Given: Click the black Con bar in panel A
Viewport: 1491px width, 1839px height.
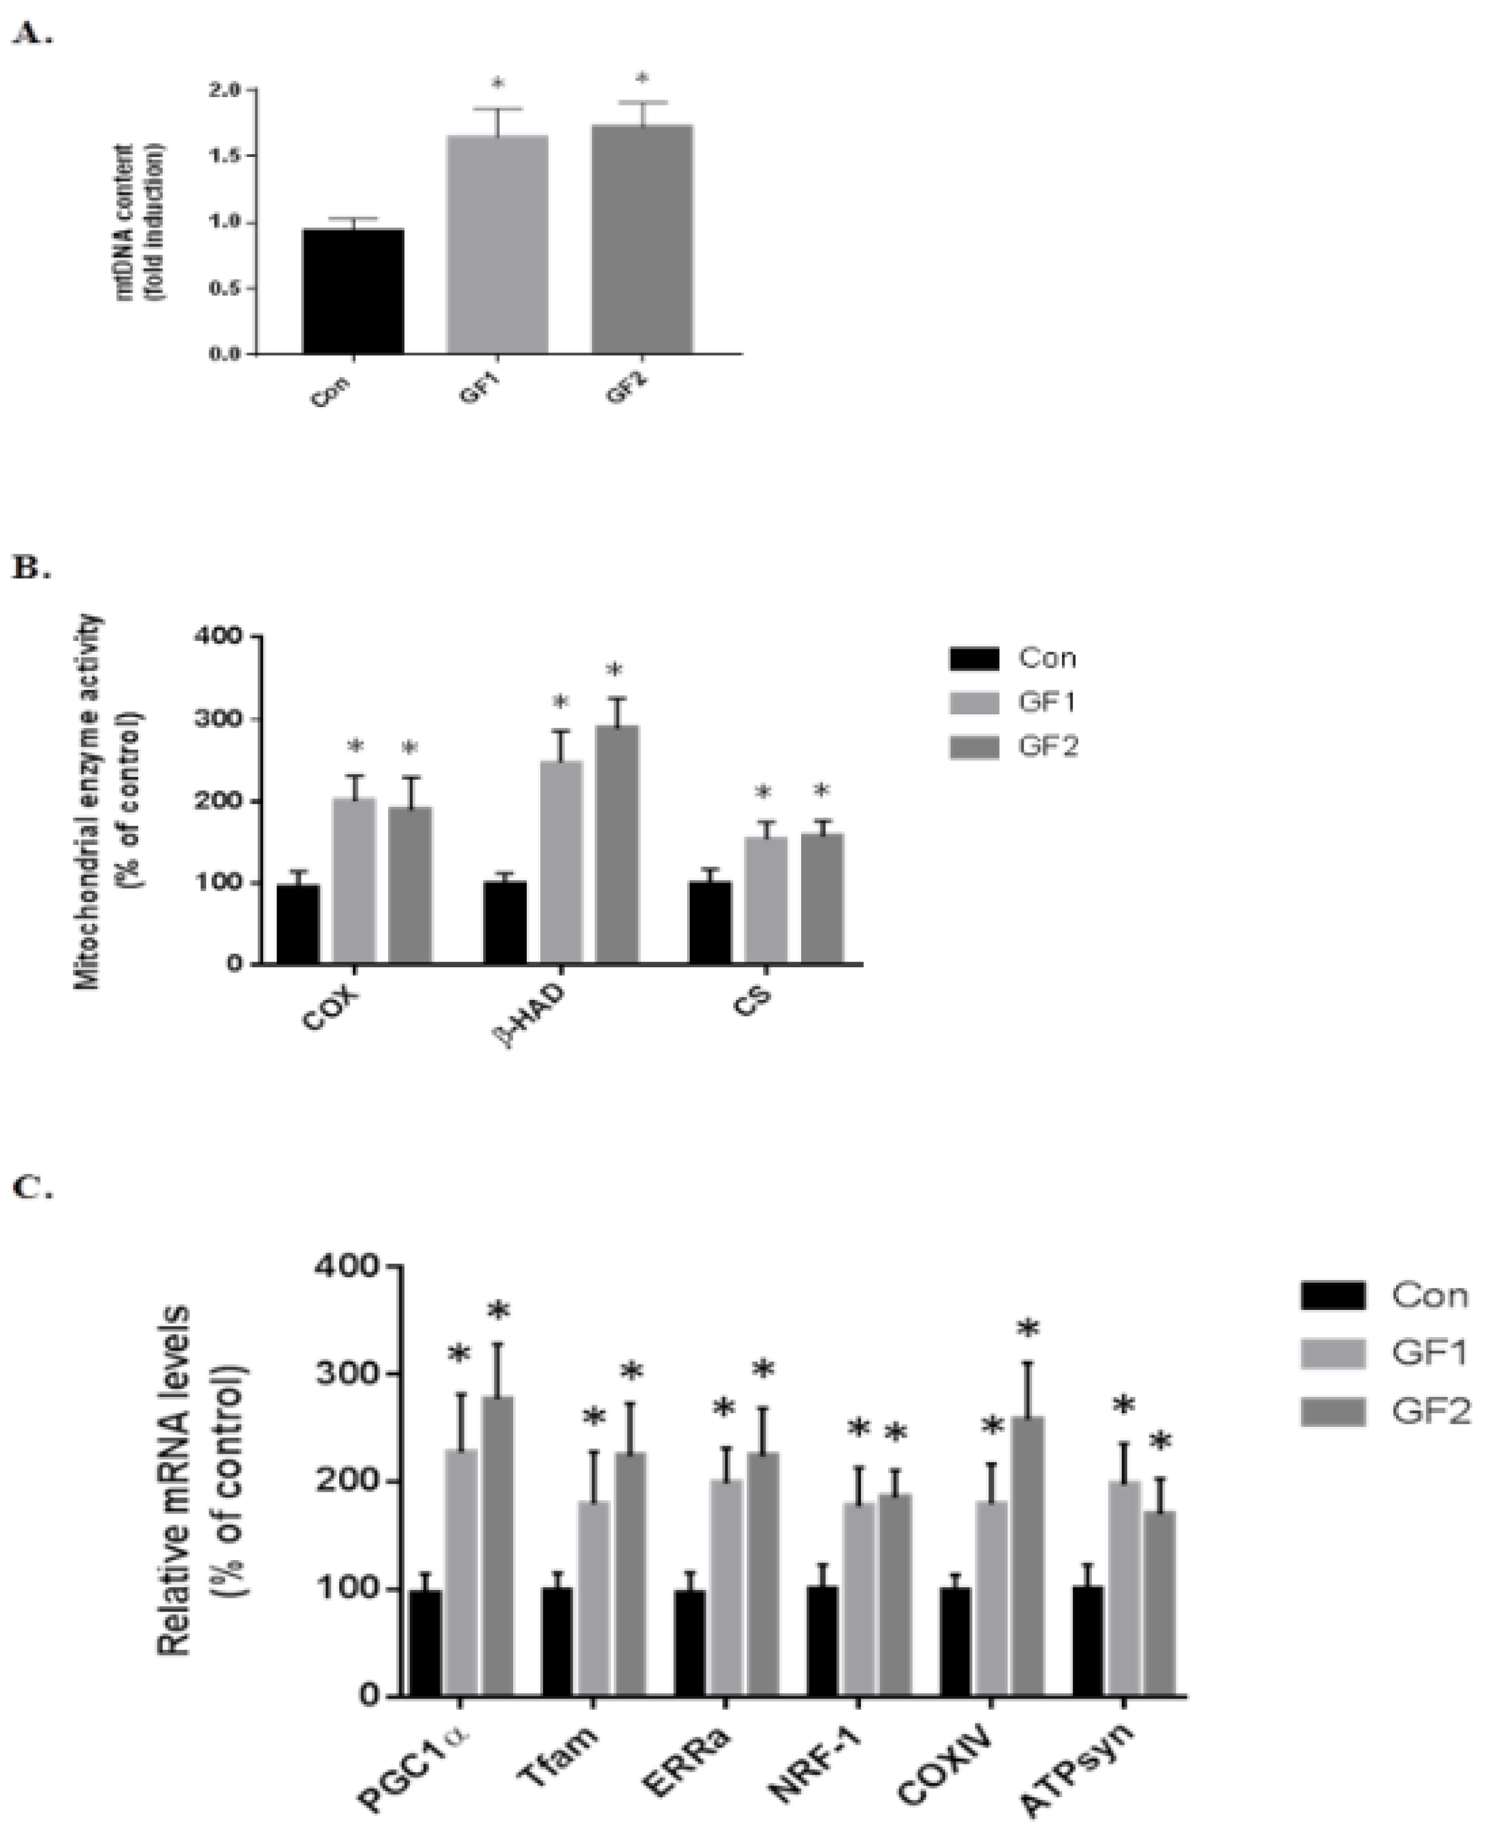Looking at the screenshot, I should tap(353, 291).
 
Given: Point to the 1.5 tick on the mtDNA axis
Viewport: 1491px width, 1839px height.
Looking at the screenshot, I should tap(226, 155).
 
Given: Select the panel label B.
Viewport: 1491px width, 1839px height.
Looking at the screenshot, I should tap(31, 569).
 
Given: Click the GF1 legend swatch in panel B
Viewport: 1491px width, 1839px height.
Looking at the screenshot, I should tap(974, 702).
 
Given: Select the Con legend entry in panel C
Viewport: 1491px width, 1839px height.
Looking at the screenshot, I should tap(1383, 1295).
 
